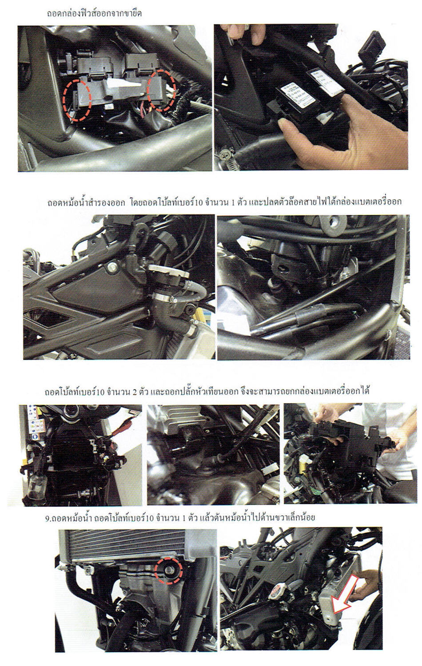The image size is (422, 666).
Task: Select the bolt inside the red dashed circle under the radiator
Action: [x=169, y=569]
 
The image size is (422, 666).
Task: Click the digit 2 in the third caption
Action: [x=135, y=392]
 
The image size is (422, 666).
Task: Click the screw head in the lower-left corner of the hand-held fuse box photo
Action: [x=226, y=153]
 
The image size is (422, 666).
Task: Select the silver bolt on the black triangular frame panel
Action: [x=112, y=267]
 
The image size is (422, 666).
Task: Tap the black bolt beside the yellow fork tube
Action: [x=190, y=309]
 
